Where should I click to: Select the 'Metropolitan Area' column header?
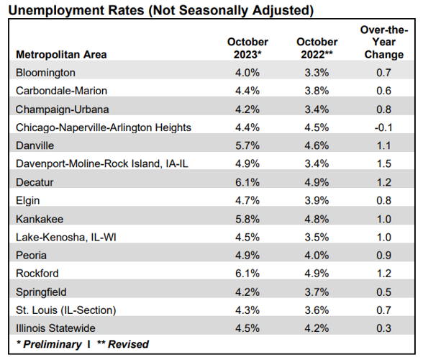pyautogui.click(x=61, y=55)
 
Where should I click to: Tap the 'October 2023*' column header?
pyautogui.click(x=247, y=48)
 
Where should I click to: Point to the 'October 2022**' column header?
pyautogui.click(x=317, y=48)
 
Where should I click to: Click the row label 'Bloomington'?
pyautogui.click(x=45, y=73)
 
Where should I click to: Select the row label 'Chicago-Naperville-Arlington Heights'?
pyautogui.click(x=104, y=127)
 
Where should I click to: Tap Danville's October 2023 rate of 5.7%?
pyautogui.click(x=247, y=145)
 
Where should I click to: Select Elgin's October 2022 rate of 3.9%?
pyautogui.click(x=317, y=201)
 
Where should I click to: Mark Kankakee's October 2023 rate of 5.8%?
pyautogui.click(x=247, y=219)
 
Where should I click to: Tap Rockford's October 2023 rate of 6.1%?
pyautogui.click(x=247, y=274)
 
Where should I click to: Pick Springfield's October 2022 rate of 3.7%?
pyautogui.click(x=317, y=292)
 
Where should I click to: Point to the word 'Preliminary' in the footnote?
pyautogui.click(x=52, y=344)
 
